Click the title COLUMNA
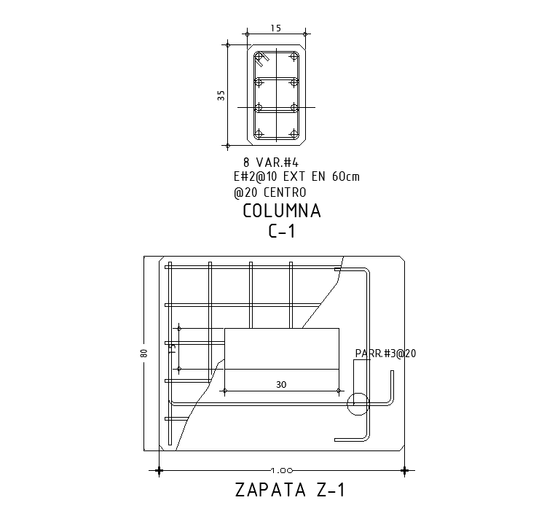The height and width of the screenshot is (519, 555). click(x=282, y=211)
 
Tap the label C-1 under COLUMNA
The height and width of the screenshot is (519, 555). click(x=282, y=232)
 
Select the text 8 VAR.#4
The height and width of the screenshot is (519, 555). click(x=271, y=163)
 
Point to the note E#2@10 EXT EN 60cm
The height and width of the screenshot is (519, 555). click(x=296, y=176)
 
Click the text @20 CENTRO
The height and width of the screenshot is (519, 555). click(x=270, y=192)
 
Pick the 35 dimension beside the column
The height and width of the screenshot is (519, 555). click(x=221, y=95)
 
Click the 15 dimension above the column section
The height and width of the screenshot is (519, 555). click(x=276, y=28)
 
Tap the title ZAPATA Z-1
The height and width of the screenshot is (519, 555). click(x=290, y=491)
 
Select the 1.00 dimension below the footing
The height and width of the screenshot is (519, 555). click(x=282, y=470)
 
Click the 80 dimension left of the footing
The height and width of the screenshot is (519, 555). click(x=144, y=353)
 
